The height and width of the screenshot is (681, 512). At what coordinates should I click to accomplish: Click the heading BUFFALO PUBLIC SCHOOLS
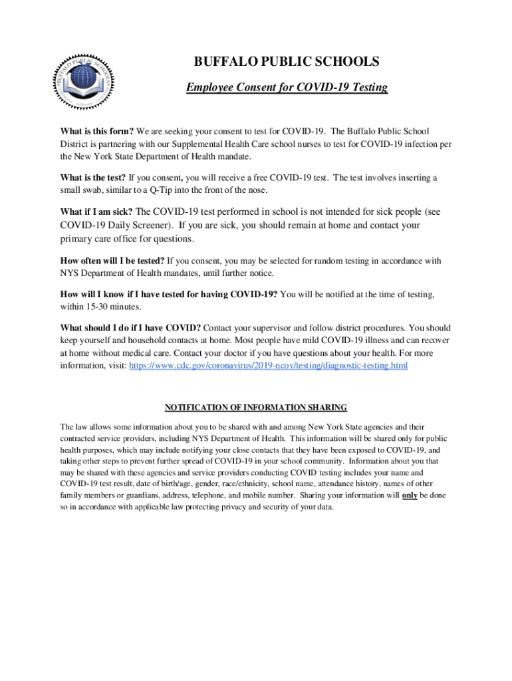pos(287,62)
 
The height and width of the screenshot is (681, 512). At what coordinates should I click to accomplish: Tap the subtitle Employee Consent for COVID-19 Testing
pos(287,88)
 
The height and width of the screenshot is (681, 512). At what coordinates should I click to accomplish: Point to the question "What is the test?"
pos(93,178)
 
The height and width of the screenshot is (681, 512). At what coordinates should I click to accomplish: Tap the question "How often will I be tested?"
pos(112,261)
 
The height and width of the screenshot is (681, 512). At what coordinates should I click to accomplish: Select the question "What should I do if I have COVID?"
pos(130,328)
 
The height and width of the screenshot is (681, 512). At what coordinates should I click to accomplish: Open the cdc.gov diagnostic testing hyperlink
pos(268,366)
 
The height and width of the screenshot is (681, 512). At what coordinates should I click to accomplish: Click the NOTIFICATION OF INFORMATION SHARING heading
pos(256,407)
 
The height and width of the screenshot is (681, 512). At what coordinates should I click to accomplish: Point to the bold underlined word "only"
pos(410,495)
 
